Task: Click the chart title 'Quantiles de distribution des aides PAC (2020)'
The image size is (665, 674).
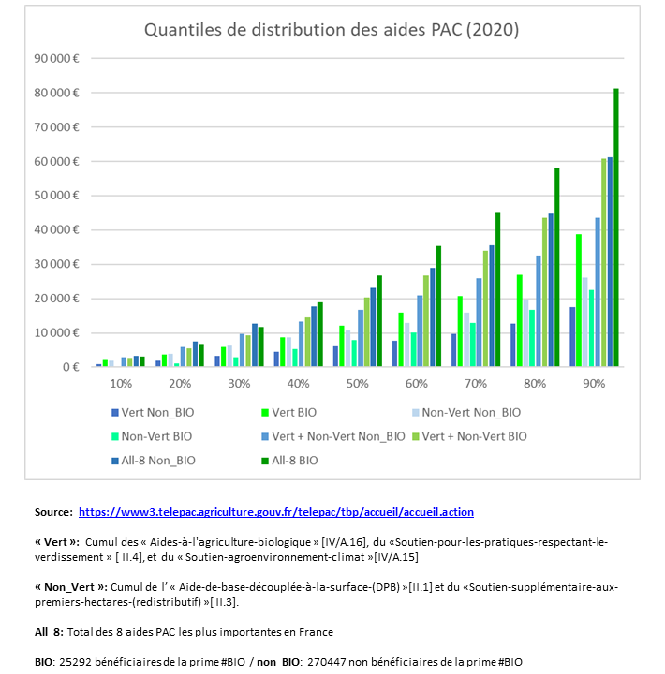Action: (332, 30)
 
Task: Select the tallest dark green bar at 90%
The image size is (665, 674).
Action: (616, 227)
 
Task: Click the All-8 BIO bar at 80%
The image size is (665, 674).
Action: (556, 268)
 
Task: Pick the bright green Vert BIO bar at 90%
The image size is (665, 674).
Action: (579, 300)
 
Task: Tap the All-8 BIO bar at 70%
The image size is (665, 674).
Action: (497, 289)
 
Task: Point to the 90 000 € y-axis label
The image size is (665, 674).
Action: (56, 58)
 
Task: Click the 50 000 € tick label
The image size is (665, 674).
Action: (56, 196)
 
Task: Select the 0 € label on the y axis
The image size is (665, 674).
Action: (70, 367)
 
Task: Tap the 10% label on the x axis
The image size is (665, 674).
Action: (121, 384)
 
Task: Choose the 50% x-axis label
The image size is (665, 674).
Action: (358, 384)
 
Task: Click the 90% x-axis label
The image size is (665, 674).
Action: (594, 384)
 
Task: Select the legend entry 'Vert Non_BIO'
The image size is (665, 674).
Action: (153, 413)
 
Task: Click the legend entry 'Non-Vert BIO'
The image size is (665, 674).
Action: (152, 437)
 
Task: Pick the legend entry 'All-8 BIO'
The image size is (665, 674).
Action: (290, 461)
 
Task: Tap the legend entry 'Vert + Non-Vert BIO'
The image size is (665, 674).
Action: (470, 437)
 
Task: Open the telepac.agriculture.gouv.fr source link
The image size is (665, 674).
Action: (276, 512)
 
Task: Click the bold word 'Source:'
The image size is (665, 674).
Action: (53, 512)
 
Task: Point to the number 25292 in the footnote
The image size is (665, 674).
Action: (75, 662)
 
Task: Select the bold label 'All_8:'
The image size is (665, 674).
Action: (49, 632)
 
